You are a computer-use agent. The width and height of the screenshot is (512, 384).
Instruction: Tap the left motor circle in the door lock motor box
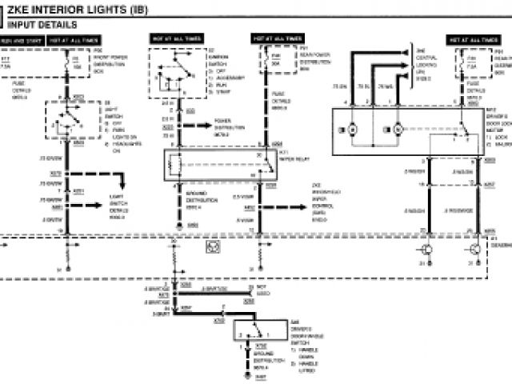(x=354, y=129)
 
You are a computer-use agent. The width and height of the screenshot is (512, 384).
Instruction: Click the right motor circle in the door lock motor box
(x=397, y=129)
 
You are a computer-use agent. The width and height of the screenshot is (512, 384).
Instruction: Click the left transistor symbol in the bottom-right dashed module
(x=429, y=249)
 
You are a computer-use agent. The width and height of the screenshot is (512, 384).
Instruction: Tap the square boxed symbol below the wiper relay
(x=214, y=249)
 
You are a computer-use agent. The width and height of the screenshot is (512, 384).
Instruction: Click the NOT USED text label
(x=262, y=290)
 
